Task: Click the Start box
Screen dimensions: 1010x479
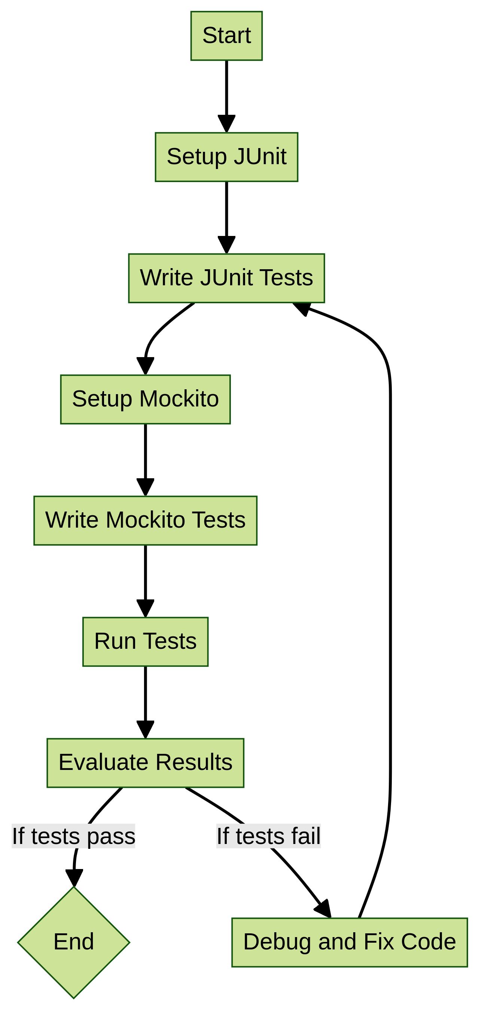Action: click(x=226, y=36)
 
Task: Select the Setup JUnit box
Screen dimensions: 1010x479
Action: click(x=226, y=157)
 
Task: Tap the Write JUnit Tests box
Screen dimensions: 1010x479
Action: click(x=226, y=278)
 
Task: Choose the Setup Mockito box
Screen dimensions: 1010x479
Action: click(x=145, y=399)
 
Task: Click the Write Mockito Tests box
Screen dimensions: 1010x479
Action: click(x=145, y=520)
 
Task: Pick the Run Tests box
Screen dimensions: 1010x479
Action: click(x=145, y=641)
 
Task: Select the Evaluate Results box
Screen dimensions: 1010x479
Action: click(x=145, y=762)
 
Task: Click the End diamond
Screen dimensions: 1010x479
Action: click(x=74, y=942)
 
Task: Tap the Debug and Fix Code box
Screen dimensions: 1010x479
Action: click(x=349, y=942)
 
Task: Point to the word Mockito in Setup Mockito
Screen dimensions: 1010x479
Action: click(x=179, y=399)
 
